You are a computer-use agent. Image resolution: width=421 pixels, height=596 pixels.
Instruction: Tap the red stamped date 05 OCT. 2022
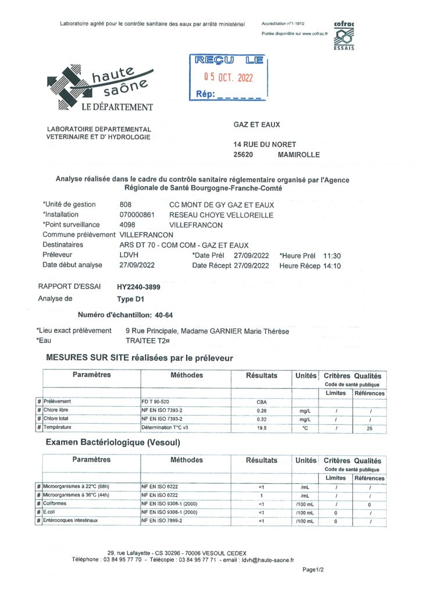[x=228, y=76]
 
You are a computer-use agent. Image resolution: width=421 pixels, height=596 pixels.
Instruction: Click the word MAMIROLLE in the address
[x=299, y=155]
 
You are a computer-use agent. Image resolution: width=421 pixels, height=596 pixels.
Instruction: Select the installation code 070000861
[x=137, y=214]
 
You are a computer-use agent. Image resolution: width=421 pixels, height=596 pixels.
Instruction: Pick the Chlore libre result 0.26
[x=261, y=410]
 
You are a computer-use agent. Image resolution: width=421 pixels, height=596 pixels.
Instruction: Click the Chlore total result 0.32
[x=261, y=419]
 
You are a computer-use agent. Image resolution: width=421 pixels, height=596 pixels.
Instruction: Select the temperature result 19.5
[x=261, y=428]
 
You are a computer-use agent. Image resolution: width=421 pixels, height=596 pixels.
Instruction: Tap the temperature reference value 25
[x=370, y=428]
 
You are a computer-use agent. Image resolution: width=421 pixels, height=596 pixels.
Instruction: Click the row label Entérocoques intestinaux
[x=73, y=520]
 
